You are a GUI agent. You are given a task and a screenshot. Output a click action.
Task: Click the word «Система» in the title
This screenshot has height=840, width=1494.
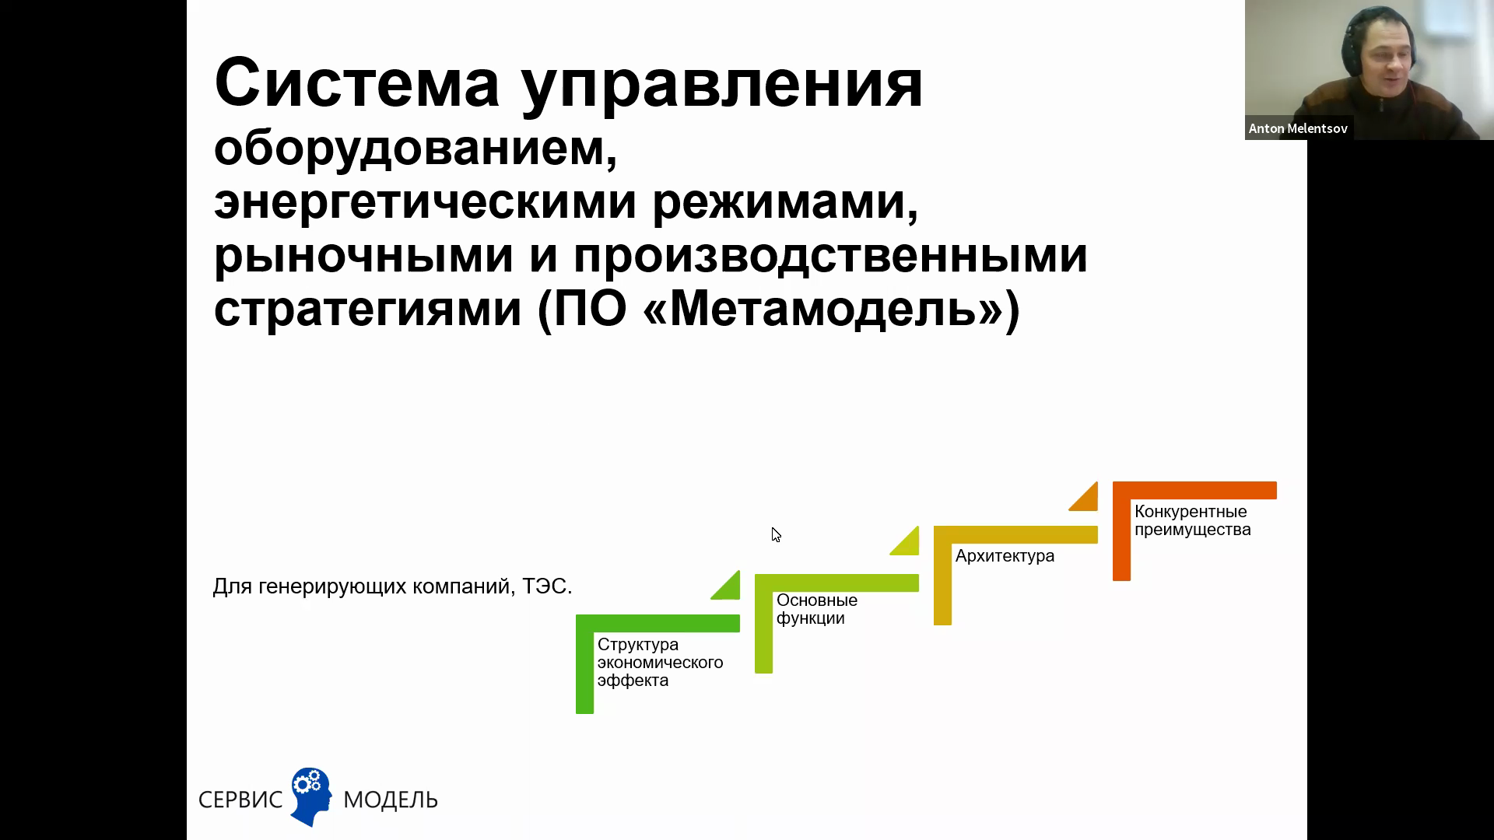(x=357, y=82)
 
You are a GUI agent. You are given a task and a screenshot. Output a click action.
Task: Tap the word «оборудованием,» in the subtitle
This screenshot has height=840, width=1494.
(x=416, y=148)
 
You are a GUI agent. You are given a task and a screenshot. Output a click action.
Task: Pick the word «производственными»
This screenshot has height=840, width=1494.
(x=830, y=255)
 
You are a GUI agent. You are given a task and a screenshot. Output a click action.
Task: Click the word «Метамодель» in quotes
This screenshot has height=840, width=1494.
(x=823, y=309)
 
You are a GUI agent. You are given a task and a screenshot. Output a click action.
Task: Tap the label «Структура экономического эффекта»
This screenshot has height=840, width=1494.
(x=660, y=663)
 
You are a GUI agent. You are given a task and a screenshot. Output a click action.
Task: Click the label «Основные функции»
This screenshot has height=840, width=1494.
(x=817, y=609)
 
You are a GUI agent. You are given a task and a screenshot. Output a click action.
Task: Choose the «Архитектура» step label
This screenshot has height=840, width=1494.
(x=1005, y=556)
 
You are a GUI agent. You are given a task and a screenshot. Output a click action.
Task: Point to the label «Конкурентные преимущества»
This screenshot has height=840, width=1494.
(x=1192, y=520)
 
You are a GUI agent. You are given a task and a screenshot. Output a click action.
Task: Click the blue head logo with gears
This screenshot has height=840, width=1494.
(x=310, y=796)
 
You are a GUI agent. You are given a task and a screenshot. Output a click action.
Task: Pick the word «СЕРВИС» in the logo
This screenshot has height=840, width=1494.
(x=240, y=800)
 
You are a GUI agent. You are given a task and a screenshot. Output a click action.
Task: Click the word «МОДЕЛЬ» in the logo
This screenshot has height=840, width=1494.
(x=391, y=800)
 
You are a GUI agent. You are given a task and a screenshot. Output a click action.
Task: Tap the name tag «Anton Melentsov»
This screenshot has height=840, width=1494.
(x=1298, y=128)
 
